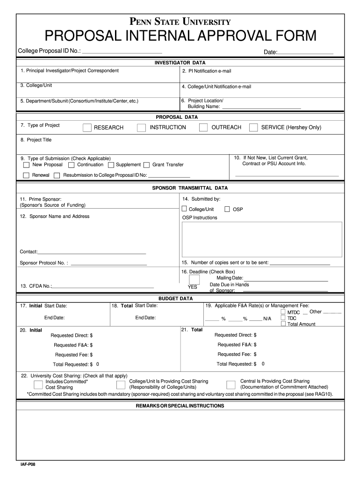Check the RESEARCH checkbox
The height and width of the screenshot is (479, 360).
tap(87, 128)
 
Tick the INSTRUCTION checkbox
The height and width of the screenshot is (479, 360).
tap(141, 128)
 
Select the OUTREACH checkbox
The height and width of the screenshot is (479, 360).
tap(203, 127)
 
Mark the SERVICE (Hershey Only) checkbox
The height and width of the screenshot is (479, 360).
tap(253, 127)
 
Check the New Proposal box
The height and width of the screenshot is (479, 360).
tap(26, 165)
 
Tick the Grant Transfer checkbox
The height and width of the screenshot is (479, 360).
tap(147, 165)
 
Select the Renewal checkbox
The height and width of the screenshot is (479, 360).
tap(26, 175)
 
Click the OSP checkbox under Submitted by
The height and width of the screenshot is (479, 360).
tap(227, 209)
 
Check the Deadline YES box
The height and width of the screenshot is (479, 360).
tap(194, 279)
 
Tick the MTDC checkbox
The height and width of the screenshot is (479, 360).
tap(283, 312)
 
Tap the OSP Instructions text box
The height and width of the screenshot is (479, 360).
tap(262, 239)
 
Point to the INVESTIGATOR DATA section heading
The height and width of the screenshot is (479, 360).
tap(180, 63)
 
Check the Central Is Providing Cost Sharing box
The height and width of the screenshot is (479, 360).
tap(230, 385)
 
